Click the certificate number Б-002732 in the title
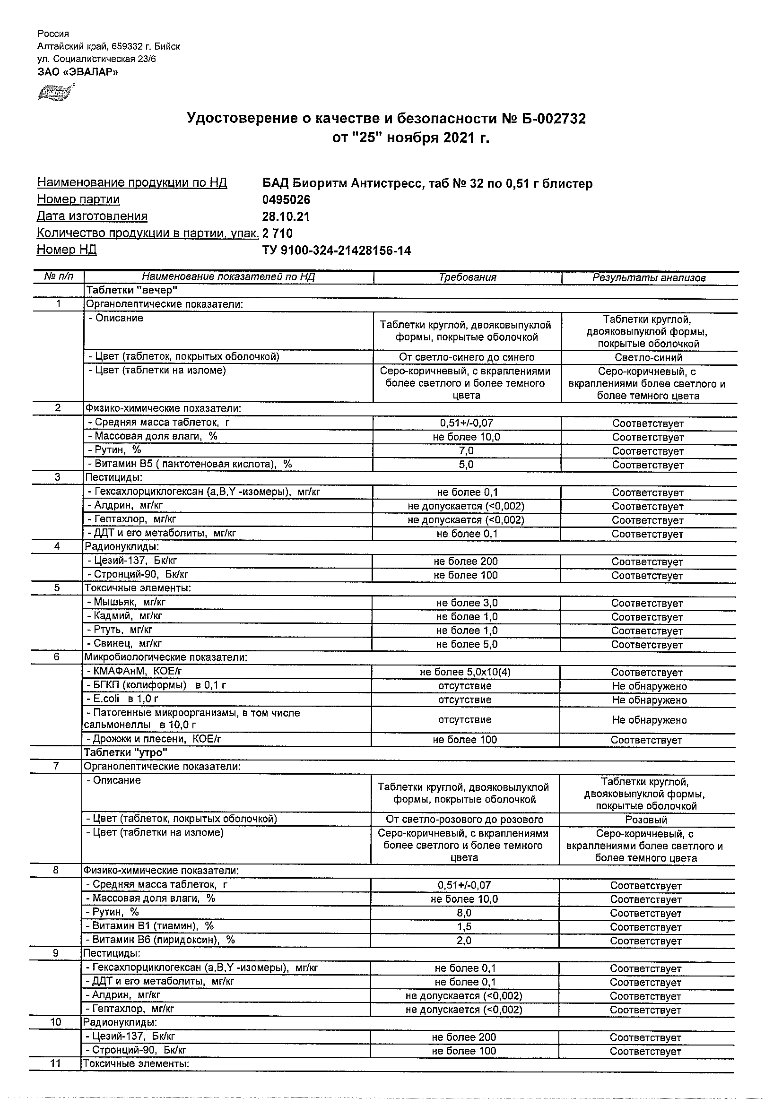[x=554, y=119]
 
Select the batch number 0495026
[x=286, y=200]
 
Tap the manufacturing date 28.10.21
[x=286, y=217]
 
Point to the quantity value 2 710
[x=278, y=233]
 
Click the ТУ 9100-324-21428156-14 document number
[x=336, y=251]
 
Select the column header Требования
[x=467, y=277]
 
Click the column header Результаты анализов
[x=649, y=278]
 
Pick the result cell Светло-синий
[x=648, y=357]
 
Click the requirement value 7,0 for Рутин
[x=466, y=451]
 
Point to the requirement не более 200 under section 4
[x=465, y=561]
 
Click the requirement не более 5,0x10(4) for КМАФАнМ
[x=465, y=672]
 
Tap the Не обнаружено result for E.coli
[x=649, y=700]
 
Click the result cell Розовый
[x=646, y=820]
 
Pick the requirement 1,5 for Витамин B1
[x=463, y=926]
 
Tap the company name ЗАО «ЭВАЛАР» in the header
[x=78, y=72]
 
